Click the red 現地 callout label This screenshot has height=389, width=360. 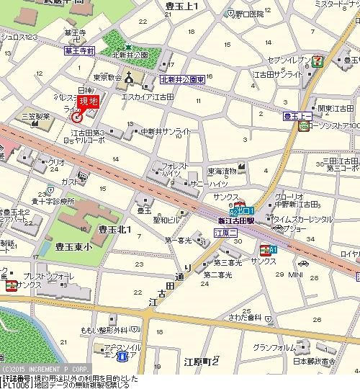(x=87, y=102)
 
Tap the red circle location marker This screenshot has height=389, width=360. (x=78, y=117)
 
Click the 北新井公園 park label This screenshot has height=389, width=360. (x=129, y=55)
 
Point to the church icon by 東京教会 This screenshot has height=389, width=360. (x=129, y=78)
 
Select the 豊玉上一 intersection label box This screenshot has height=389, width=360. (x=296, y=115)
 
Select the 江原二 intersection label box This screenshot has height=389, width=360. (x=225, y=233)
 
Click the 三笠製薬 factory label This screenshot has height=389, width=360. (x=35, y=115)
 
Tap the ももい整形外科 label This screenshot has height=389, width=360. (x=104, y=329)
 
